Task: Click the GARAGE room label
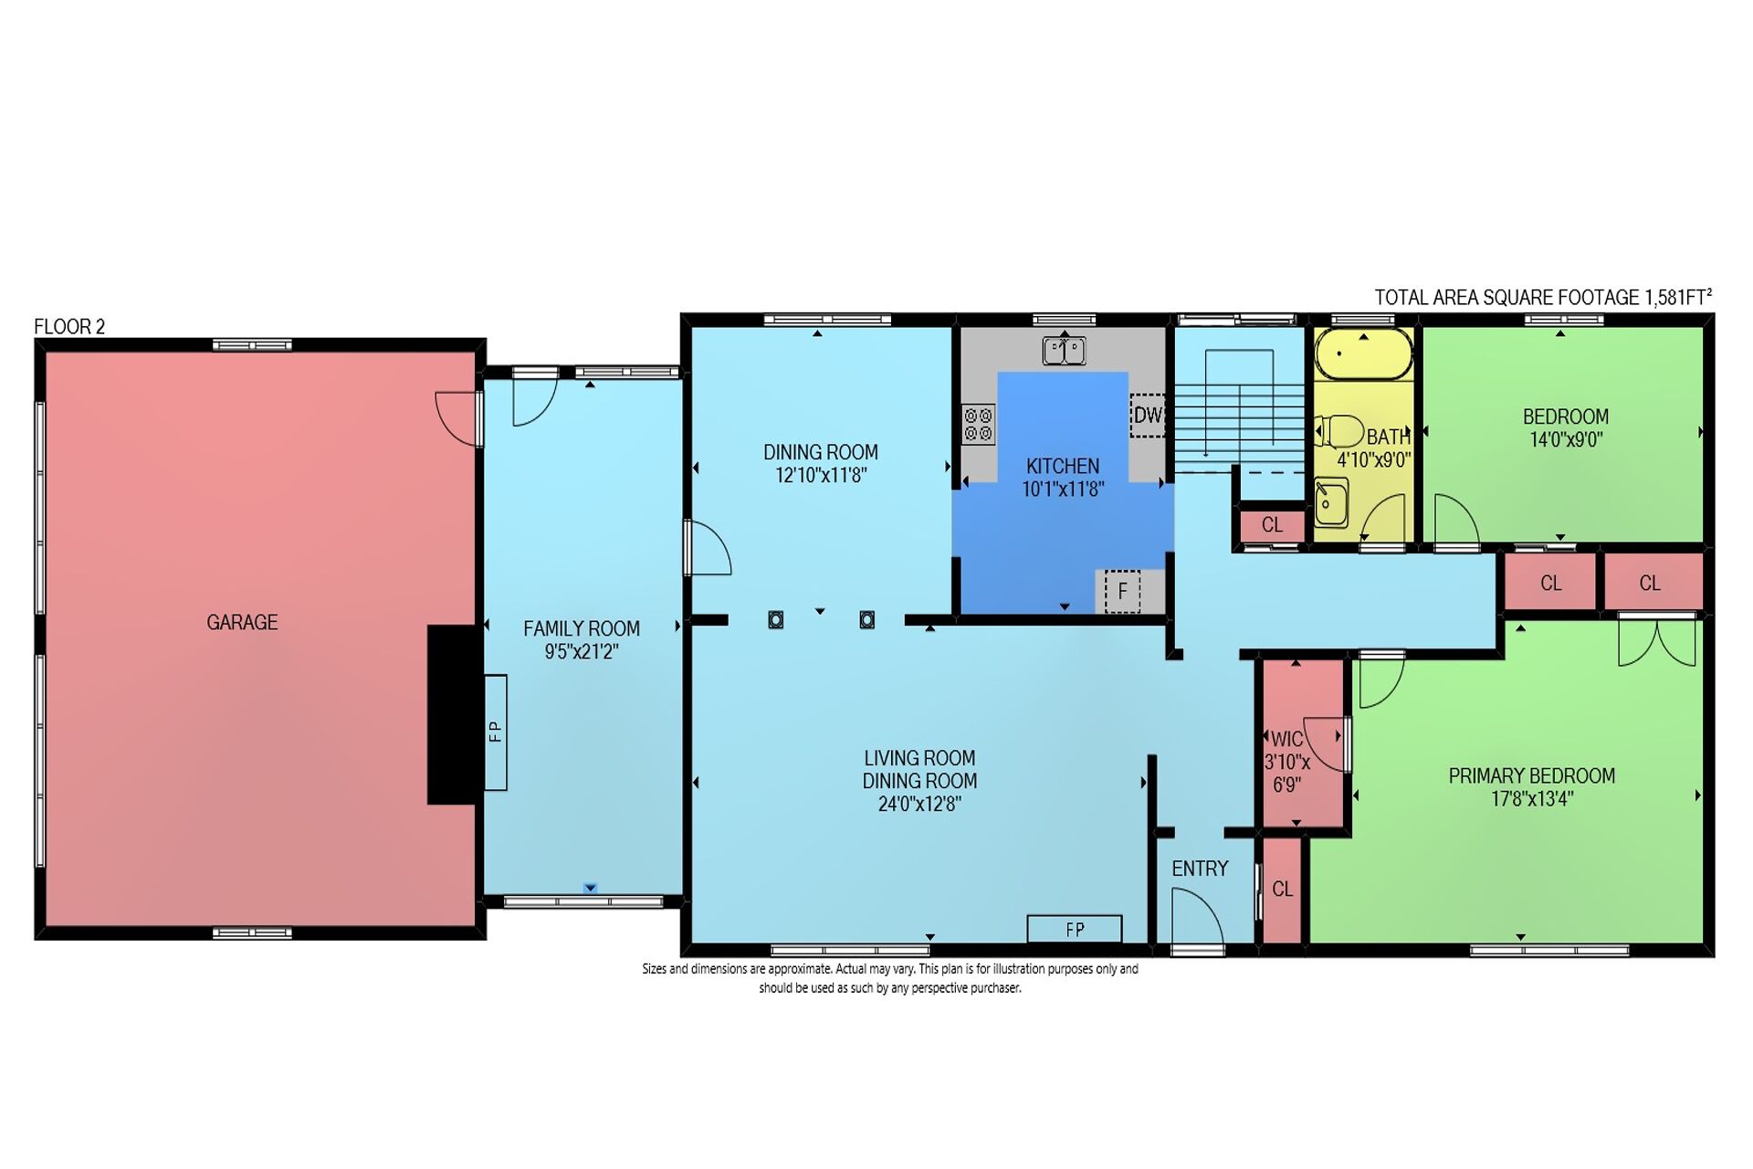242,622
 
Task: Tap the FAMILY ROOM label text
582,628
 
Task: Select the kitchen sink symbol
1065,350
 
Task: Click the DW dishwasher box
1148,416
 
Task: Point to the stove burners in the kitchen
978,425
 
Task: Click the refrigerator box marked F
1122,591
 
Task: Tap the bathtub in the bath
1364,353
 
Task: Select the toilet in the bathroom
1338,431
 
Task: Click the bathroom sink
1331,503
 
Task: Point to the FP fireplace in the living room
1075,929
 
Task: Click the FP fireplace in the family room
495,732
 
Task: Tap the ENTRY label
1200,869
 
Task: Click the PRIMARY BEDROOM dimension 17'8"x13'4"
1531,799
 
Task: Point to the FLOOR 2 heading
69,327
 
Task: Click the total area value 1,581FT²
1678,297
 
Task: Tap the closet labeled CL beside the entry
1282,889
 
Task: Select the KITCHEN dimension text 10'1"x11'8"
1063,490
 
